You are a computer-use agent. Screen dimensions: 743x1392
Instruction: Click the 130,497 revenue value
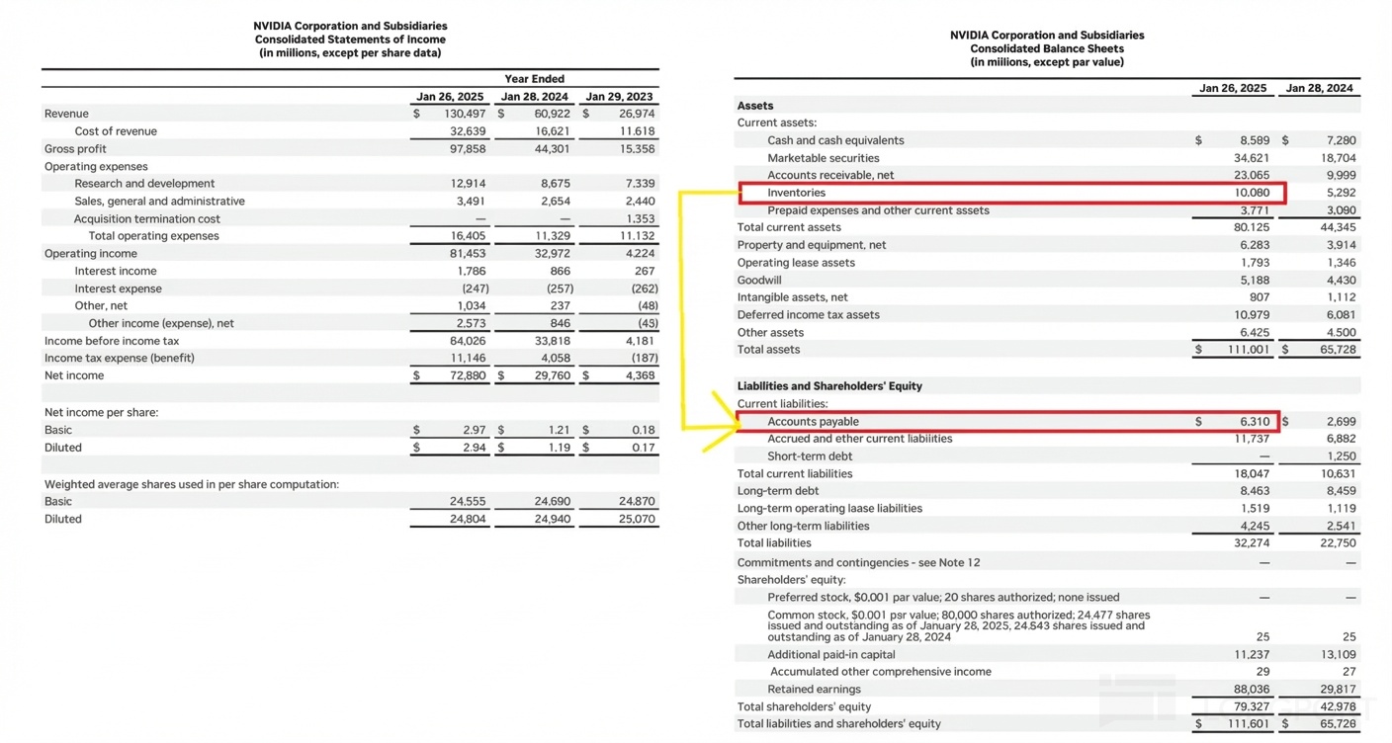465,114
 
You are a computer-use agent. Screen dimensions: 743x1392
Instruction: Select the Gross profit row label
75,149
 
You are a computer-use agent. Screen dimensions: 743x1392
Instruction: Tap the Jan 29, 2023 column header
619,97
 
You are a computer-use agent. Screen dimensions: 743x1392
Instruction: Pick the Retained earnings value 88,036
1252,690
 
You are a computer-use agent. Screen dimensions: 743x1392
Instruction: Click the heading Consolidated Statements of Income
350,40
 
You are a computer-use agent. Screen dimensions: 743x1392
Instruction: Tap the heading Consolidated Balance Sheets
1047,48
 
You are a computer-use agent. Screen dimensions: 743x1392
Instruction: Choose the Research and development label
144,184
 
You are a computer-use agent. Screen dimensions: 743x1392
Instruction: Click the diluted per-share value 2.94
474,448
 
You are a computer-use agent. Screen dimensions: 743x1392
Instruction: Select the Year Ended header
534,79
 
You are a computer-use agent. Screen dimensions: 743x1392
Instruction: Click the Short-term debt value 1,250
1341,456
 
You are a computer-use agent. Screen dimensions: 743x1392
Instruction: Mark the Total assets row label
768,350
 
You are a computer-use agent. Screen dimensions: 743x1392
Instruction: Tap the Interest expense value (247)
476,289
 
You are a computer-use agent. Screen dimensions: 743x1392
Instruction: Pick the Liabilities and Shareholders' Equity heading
829,386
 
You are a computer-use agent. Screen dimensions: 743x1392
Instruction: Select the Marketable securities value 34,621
1251,158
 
